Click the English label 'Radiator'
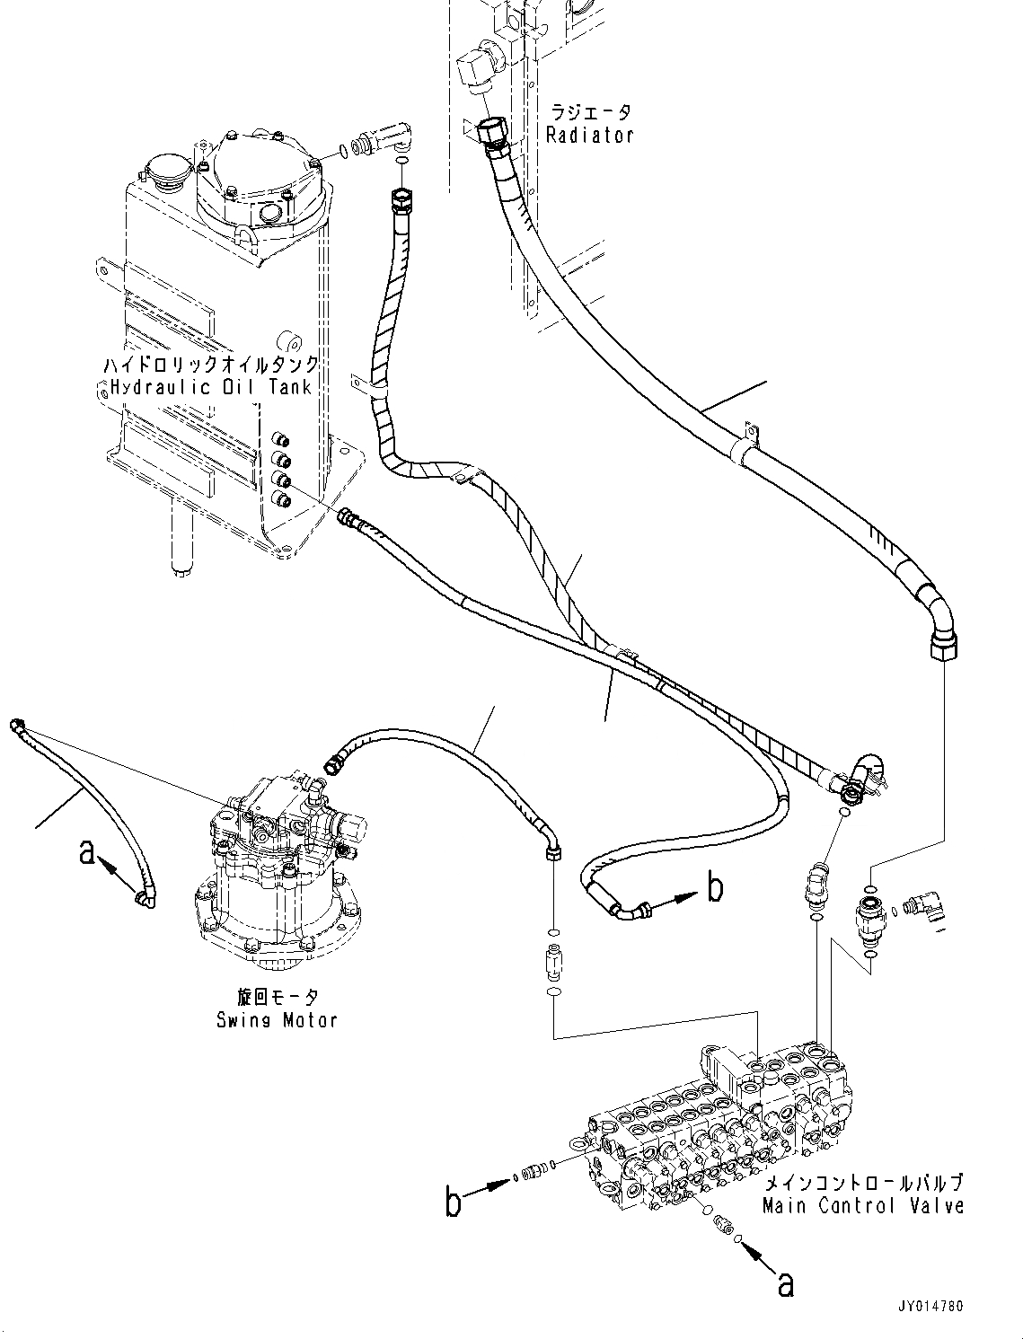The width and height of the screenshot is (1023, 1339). pyautogui.click(x=590, y=136)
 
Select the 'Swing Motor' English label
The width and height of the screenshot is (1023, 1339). pyautogui.click(x=277, y=1020)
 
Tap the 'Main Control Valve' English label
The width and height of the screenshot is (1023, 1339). pyautogui.click(x=863, y=1206)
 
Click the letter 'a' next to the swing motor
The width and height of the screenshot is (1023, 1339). pyautogui.click(x=87, y=851)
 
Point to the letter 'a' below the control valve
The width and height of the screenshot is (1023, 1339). pyautogui.click(x=785, y=1285)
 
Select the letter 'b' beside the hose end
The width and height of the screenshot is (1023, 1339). pyautogui.click(x=715, y=888)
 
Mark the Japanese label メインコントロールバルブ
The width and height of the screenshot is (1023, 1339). pyautogui.click(x=862, y=1183)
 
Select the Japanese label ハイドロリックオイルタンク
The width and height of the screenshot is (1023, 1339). pyautogui.click(x=208, y=366)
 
